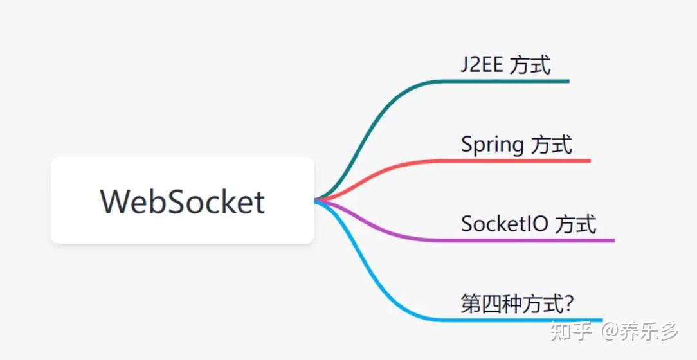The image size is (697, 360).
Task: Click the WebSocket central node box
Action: tap(182, 201)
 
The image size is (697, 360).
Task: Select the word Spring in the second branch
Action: tap(493, 145)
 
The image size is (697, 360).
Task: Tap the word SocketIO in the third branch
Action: tap(505, 224)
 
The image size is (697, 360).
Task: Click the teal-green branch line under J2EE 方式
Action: tap(502, 81)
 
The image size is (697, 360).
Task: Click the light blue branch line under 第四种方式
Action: tap(502, 319)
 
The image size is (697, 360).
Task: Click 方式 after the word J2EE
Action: tap(530, 65)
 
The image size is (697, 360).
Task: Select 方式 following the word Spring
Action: tap(552, 145)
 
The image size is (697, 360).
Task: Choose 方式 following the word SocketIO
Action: tap(575, 224)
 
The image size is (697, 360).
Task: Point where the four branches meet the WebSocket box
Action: tap(317, 201)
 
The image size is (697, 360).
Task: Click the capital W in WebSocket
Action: tap(116, 201)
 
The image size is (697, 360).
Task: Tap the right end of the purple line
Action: tap(612, 240)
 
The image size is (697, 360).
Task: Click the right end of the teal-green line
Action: tap(567, 81)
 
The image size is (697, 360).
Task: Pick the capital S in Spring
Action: tap(467, 144)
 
